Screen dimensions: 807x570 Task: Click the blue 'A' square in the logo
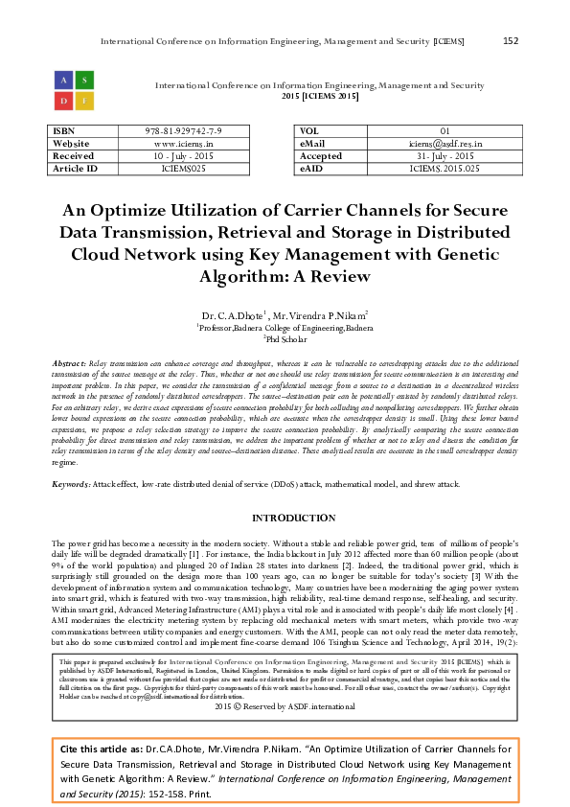click(x=63, y=80)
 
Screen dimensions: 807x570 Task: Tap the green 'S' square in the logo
click(x=83, y=80)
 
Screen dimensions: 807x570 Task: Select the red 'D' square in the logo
click(x=63, y=100)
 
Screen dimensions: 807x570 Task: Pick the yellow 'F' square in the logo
click(x=83, y=100)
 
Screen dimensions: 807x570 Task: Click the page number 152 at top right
click(x=511, y=40)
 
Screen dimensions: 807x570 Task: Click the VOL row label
click(x=309, y=131)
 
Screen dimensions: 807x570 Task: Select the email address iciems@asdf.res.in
click(x=445, y=144)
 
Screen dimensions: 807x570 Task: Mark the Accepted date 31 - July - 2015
click(x=445, y=156)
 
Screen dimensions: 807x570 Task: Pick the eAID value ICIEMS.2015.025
click(x=445, y=169)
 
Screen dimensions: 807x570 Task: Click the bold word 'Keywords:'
click(x=72, y=484)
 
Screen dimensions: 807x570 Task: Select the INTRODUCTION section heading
click(x=285, y=518)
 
